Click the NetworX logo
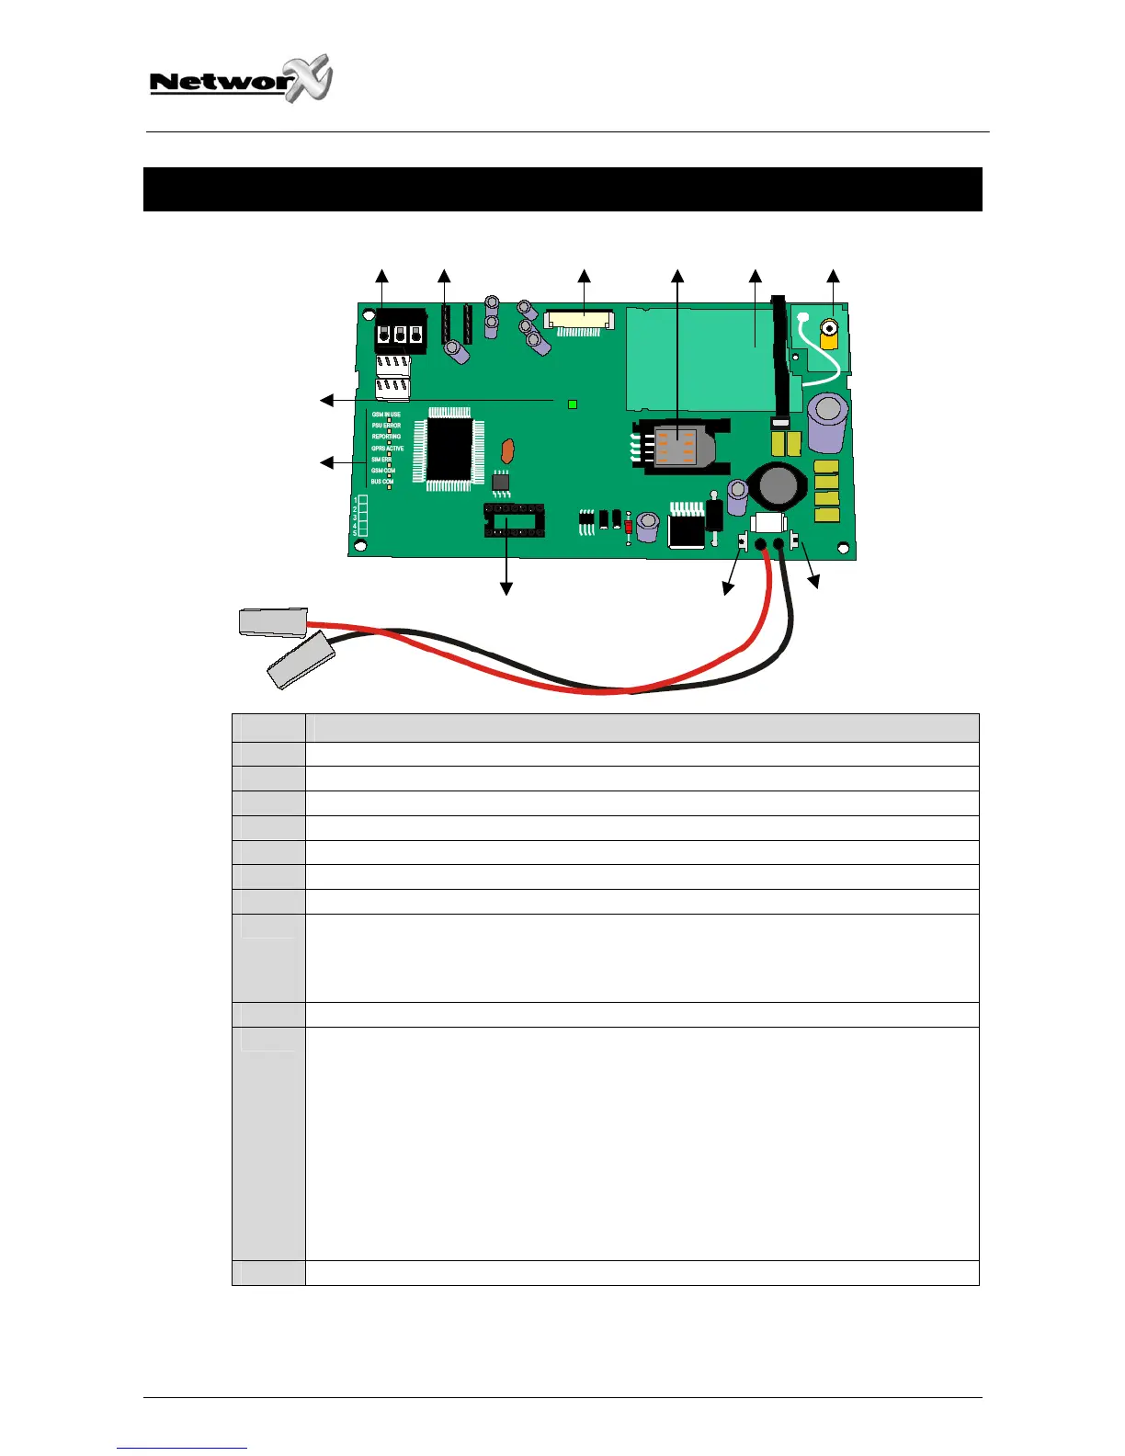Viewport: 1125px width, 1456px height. tap(241, 80)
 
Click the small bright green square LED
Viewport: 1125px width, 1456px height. tap(573, 404)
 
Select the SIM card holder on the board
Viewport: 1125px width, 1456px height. tap(680, 446)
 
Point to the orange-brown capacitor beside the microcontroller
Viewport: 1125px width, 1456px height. tap(505, 450)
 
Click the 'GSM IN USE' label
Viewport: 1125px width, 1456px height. tap(386, 415)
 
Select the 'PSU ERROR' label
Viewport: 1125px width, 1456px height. tap(386, 426)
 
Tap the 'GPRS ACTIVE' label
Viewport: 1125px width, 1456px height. tap(387, 449)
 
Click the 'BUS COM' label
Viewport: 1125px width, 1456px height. tap(382, 482)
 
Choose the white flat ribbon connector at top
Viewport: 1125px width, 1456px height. tap(578, 320)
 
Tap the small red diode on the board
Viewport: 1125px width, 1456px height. tap(629, 527)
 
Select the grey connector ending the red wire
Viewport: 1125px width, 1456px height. tap(272, 622)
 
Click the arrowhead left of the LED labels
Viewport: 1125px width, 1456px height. tap(325, 461)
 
